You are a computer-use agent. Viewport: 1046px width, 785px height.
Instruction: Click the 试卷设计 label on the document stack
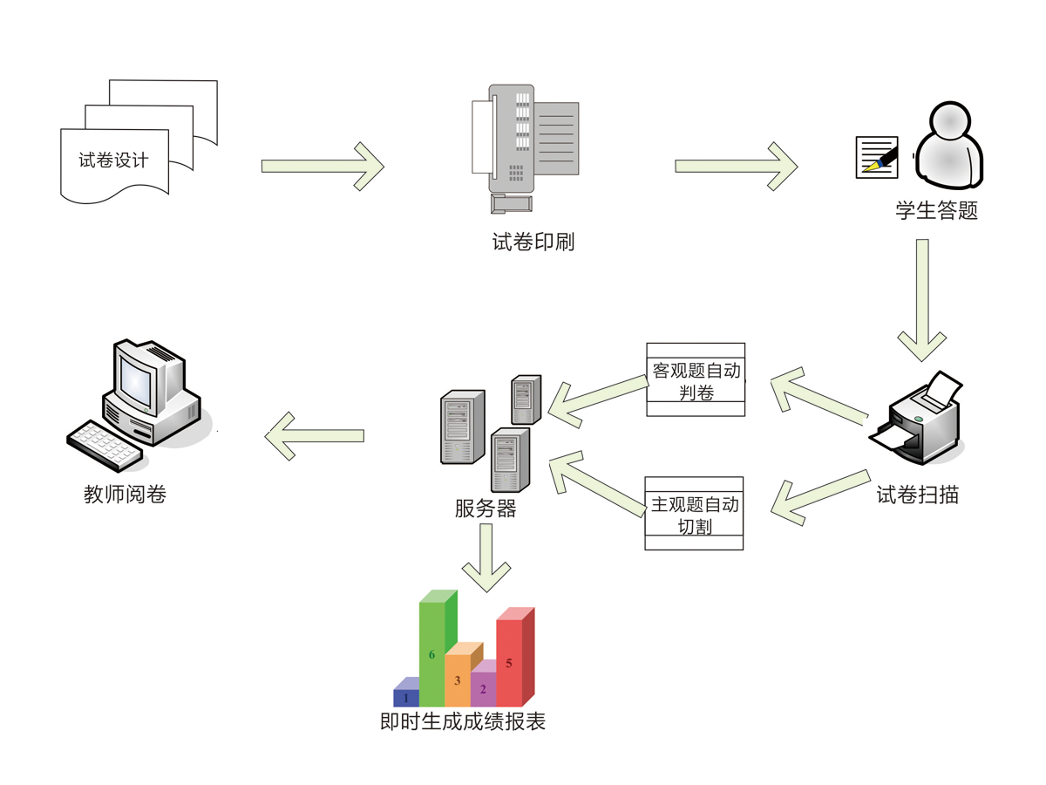point(113,160)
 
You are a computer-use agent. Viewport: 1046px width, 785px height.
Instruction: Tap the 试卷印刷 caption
point(533,242)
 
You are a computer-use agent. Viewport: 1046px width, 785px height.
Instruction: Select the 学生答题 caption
point(937,210)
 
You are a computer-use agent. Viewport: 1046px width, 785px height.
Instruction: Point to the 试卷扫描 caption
point(918,495)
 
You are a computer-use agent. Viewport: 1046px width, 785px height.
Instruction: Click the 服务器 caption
point(486,509)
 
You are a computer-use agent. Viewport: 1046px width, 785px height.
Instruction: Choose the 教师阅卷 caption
point(125,495)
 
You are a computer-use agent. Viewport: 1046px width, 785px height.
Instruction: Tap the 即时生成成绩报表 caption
point(463,721)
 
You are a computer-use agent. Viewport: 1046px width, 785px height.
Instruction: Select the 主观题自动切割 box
point(694,514)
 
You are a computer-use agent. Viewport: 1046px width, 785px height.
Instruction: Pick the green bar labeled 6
point(432,654)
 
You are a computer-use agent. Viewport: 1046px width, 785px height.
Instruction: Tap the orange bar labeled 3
point(458,679)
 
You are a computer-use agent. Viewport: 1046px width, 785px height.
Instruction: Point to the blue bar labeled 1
point(405,697)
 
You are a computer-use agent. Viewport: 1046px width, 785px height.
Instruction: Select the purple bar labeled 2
point(483,689)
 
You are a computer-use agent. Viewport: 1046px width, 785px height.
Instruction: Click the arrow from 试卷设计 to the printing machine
point(323,166)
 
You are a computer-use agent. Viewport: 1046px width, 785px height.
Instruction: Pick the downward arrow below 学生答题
point(922,301)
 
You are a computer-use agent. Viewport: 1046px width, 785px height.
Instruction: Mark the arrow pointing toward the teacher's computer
point(315,435)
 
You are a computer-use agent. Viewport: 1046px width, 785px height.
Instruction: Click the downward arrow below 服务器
point(486,558)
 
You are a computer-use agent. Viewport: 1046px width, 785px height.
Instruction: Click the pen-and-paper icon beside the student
point(877,157)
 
